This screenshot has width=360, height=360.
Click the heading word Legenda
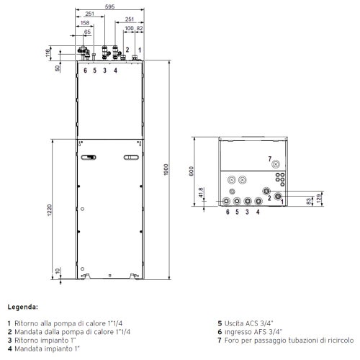23,306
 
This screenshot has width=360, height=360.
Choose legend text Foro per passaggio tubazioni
288,339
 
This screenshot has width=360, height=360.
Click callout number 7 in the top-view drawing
269,158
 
